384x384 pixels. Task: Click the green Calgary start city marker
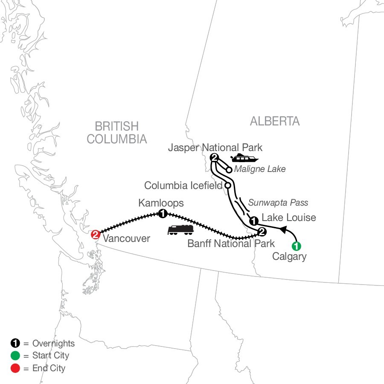click(296, 246)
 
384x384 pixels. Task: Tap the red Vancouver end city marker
click(96, 234)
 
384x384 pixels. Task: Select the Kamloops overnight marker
click(163, 213)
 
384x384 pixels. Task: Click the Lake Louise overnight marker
click(253, 221)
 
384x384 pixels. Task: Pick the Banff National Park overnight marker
click(262, 232)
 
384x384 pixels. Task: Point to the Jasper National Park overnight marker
click(214, 158)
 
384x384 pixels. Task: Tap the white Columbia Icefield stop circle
click(228, 186)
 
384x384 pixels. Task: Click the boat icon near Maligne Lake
click(244, 159)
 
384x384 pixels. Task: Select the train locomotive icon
click(181, 230)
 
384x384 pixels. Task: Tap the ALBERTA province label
click(275, 121)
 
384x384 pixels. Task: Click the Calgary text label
click(289, 257)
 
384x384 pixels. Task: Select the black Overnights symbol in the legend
click(14, 343)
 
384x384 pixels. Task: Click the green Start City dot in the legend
click(14, 355)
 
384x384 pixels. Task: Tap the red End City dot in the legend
click(14, 367)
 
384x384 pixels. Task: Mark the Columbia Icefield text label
click(183, 186)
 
